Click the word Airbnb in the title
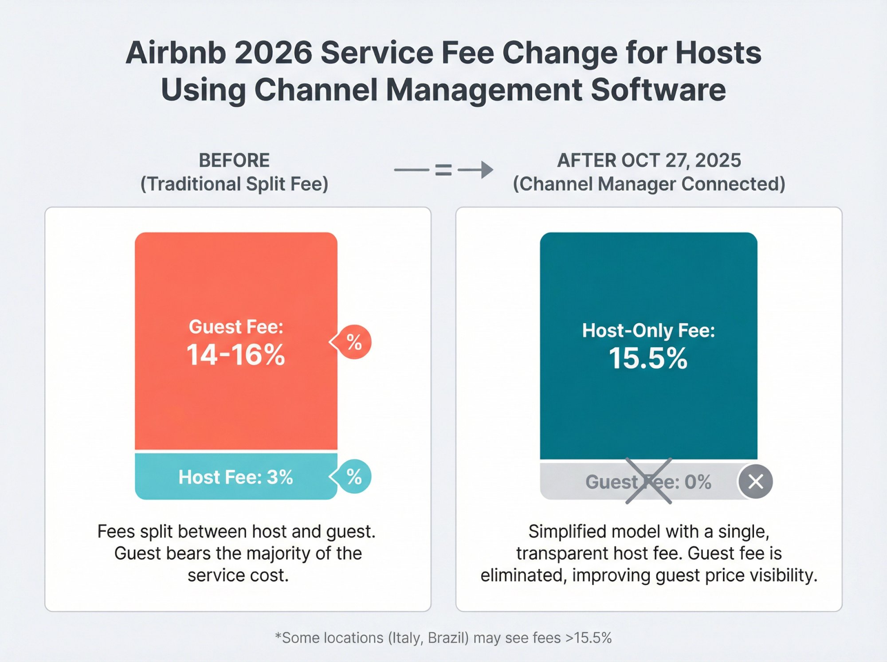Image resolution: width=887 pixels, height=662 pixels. pos(176,53)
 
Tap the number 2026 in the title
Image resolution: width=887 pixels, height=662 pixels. pos(273,53)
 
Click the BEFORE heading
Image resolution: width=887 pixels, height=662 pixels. pos(234,161)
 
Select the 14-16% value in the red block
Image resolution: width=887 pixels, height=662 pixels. pos(235,355)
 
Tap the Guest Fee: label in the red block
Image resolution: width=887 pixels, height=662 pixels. pos(235,327)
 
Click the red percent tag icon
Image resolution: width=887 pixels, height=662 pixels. pos(353,342)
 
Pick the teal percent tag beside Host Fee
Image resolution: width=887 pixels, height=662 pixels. pos(353,477)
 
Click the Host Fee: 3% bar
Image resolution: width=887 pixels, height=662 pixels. pos(235,477)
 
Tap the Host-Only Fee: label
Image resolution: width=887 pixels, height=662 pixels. pos(648,331)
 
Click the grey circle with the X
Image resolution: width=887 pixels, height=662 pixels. pos(756,482)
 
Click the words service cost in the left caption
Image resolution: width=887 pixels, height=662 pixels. pos(238,575)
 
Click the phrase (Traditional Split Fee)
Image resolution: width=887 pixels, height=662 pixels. pos(234,184)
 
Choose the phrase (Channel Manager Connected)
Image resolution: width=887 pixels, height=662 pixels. pos(649,184)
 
